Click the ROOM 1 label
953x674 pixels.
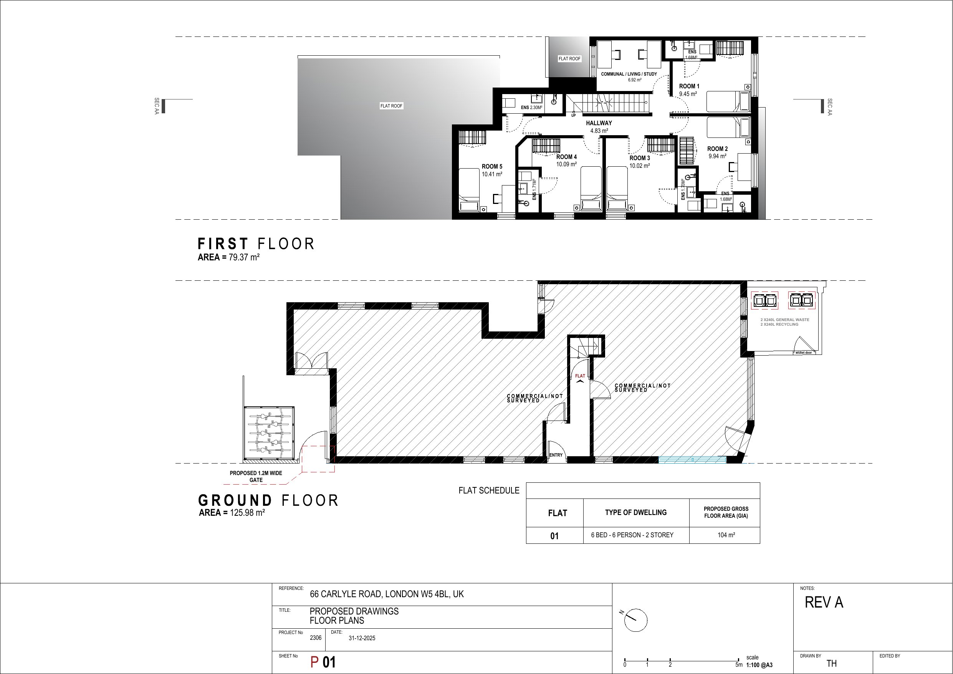689,86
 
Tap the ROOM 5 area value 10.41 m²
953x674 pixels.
492,174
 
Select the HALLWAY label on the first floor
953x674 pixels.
599,123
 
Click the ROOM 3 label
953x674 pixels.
640,158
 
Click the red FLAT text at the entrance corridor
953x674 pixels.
580,376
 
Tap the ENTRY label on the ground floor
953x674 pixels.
556,455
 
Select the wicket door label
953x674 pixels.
804,353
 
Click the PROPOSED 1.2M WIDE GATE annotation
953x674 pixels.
256,477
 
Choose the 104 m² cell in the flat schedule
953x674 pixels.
726,535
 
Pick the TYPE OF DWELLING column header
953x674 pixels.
636,512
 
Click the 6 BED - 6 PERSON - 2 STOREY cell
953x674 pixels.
632,535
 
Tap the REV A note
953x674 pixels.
824,603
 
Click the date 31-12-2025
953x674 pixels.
362,638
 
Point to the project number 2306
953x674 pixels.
316,638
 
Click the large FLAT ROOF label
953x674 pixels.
391,106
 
